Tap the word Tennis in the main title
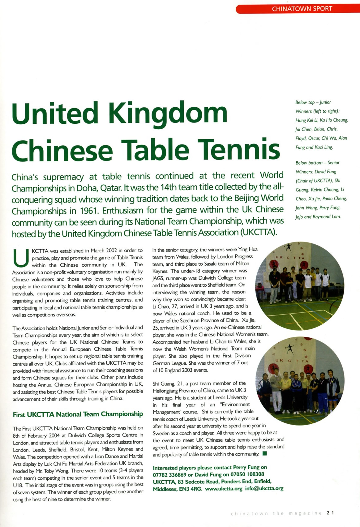[238, 149]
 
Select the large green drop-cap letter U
[21, 259]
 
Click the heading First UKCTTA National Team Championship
[78, 414]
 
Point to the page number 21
[330, 513]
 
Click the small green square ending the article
[264, 454]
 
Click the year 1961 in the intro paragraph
[89, 211]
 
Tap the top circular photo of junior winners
[300, 286]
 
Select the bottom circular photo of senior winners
[300, 381]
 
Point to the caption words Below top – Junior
[313, 102]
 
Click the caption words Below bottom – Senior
[317, 163]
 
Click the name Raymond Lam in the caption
[327, 217]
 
